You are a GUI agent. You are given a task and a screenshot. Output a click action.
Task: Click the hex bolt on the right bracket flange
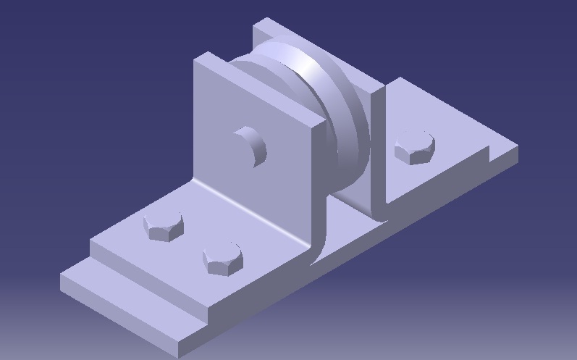(x=414, y=148)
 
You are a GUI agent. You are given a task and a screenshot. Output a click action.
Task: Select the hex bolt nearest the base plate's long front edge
(x=222, y=259)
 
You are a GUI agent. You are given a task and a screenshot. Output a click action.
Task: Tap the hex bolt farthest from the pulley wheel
(x=163, y=226)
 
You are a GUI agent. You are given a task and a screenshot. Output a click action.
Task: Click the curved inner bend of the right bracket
(x=376, y=203)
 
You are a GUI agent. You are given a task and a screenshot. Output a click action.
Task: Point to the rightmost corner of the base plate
(x=518, y=149)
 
